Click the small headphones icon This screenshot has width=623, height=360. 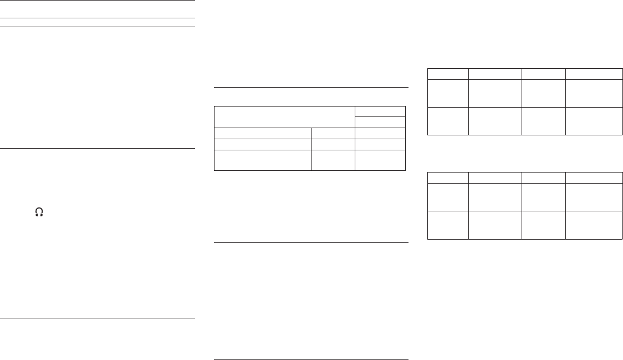pyautogui.click(x=39, y=212)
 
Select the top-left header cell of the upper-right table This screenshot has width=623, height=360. pyautogui.click(x=448, y=74)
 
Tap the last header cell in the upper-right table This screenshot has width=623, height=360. pyautogui.click(x=594, y=74)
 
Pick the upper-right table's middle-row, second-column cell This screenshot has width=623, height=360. pyautogui.click(x=495, y=93)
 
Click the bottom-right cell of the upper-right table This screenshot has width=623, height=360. pyautogui.click(x=594, y=121)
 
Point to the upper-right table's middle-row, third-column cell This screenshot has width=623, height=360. pyautogui.click(x=543, y=93)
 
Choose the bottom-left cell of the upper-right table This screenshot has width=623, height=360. pyautogui.click(x=448, y=121)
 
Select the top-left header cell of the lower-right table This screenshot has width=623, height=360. pyautogui.click(x=448, y=178)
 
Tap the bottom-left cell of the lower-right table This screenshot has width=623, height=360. pyautogui.click(x=448, y=225)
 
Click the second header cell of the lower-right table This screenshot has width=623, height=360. pyautogui.click(x=495, y=178)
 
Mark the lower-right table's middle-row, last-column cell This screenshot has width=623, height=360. pyautogui.click(x=594, y=197)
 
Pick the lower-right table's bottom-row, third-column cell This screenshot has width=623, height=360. pyautogui.click(x=543, y=225)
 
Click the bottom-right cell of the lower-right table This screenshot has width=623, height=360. pyautogui.click(x=594, y=225)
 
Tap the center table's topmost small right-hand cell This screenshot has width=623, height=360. pyautogui.click(x=380, y=111)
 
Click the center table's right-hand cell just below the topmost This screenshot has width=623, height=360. pyautogui.click(x=380, y=122)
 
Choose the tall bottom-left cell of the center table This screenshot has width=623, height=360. pyautogui.click(x=262, y=160)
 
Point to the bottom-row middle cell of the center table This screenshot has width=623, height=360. pyautogui.click(x=333, y=160)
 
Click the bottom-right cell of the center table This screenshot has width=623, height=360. pyautogui.click(x=380, y=160)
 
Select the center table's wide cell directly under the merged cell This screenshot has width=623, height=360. pyautogui.click(x=262, y=133)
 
